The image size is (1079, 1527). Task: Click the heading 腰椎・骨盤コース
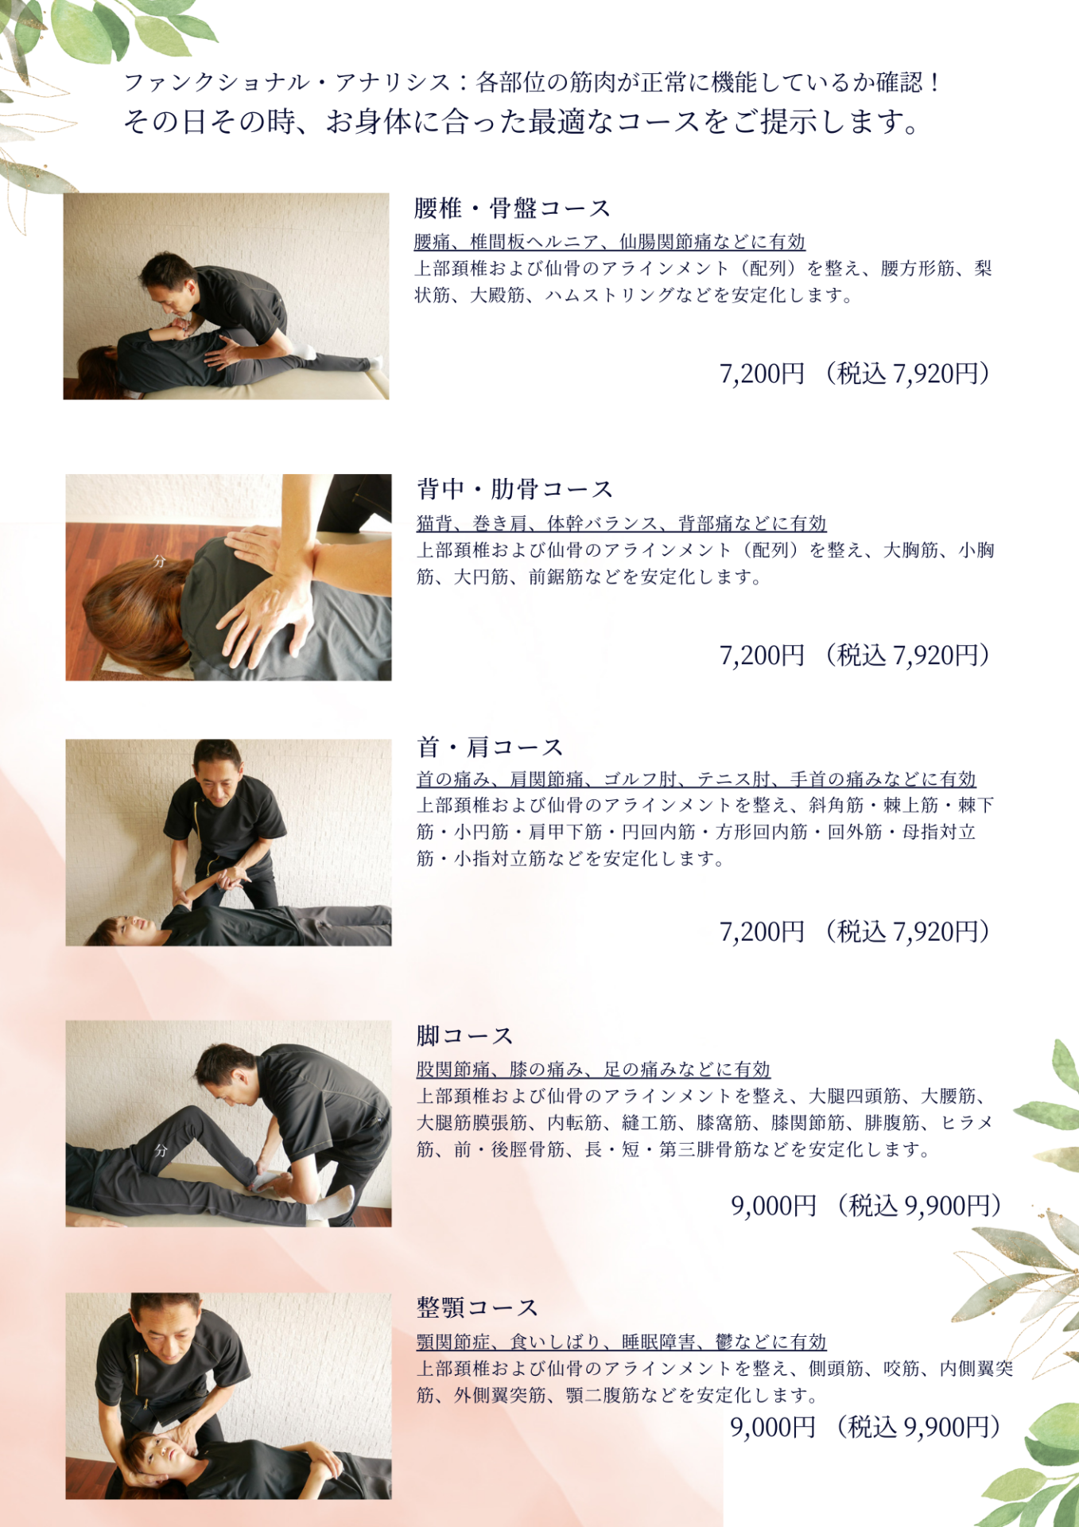pos(513,208)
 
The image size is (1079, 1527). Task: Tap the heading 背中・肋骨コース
pos(515,489)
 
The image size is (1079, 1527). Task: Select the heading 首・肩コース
pos(491,748)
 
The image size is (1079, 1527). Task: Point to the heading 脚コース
pos(465,1035)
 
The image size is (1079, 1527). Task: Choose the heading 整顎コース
pos(478,1307)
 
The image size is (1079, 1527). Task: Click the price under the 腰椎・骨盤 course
pos(855,373)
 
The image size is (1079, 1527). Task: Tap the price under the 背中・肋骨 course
pos(855,655)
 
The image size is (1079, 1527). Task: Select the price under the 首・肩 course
pos(855,931)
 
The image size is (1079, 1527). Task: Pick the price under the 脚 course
pos(867,1206)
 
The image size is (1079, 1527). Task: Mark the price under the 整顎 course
pos(866,1427)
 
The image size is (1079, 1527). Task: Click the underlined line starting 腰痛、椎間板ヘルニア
pos(610,242)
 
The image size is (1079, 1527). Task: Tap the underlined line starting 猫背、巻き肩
pos(622,523)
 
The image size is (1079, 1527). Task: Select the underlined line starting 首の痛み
pos(697,779)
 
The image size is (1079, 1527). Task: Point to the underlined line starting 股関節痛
pos(594,1069)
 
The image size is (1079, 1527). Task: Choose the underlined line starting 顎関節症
pos(622,1342)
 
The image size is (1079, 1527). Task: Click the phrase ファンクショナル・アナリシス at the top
pos(287,82)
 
